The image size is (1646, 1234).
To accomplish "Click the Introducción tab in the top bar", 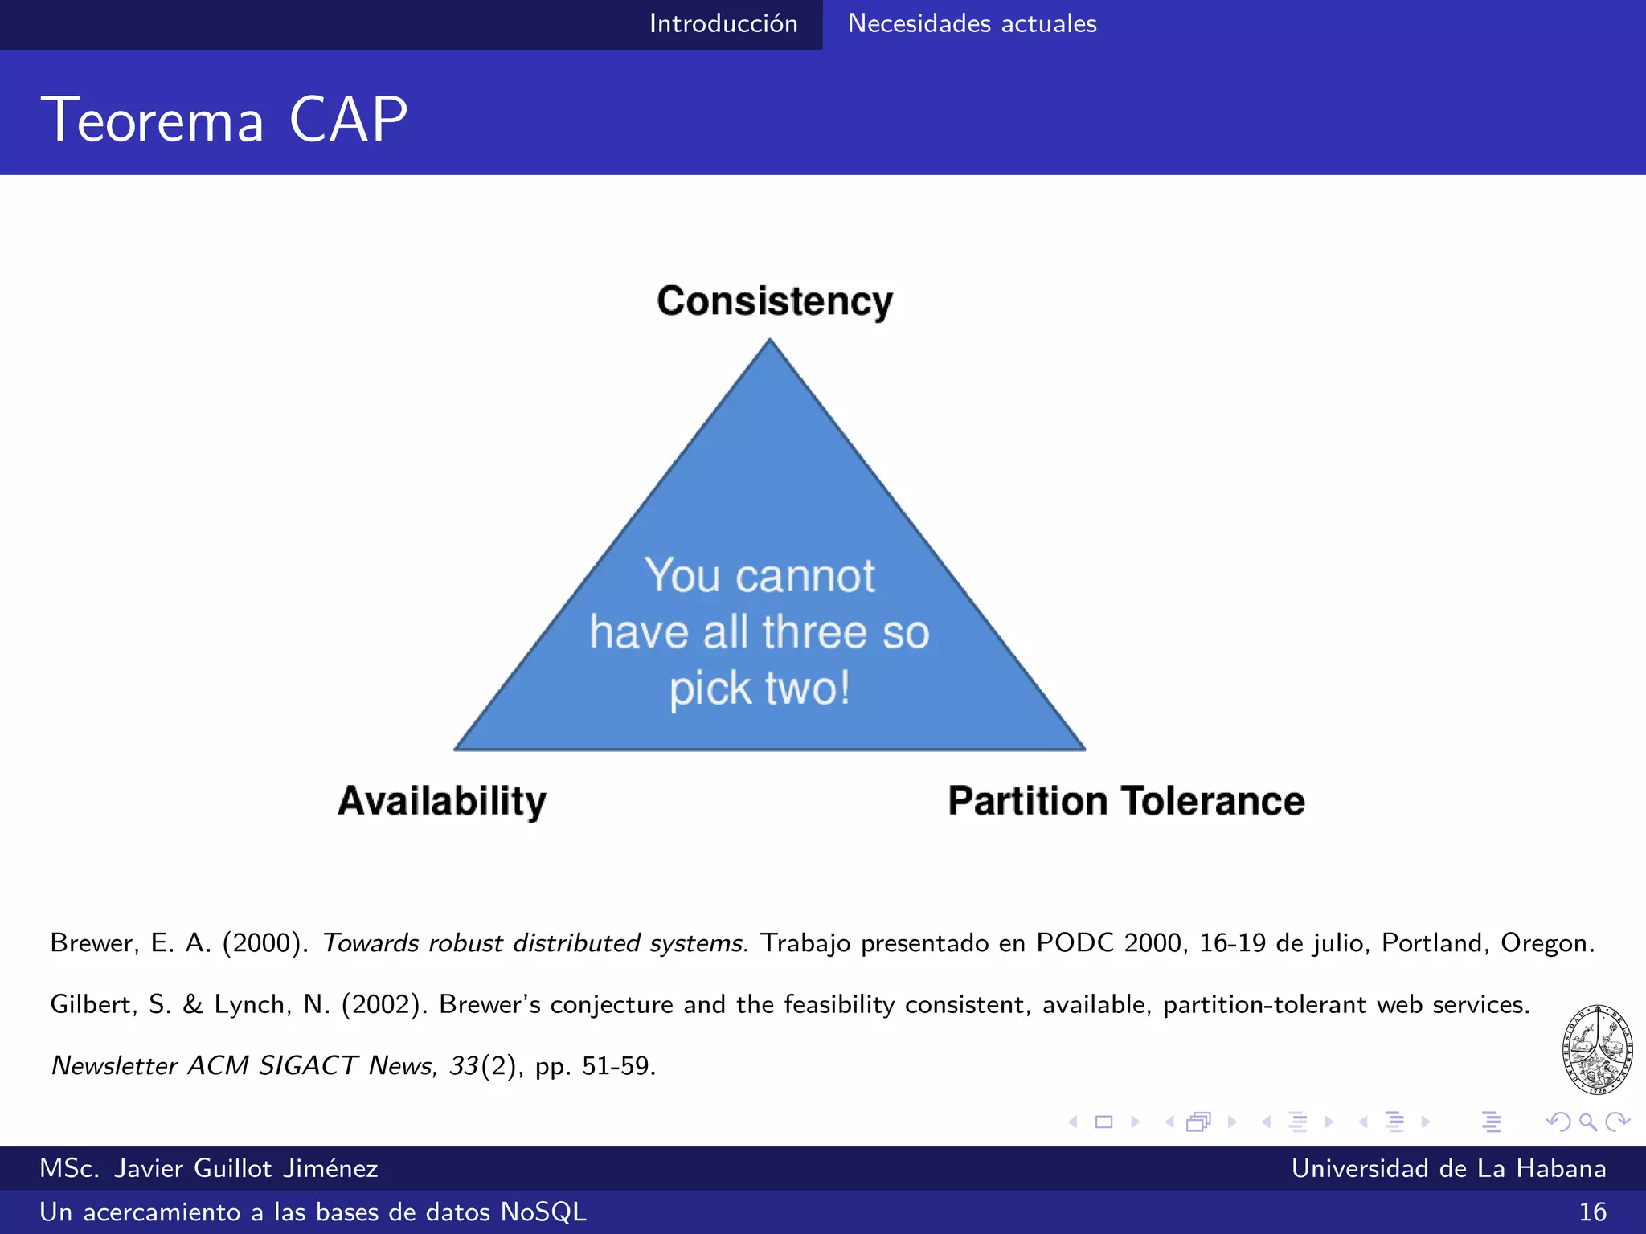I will (x=723, y=23).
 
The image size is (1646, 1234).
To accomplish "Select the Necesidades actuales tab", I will (x=972, y=23).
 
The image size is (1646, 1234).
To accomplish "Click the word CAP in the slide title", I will (x=348, y=120).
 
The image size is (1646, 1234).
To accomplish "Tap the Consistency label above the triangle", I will (x=775, y=301).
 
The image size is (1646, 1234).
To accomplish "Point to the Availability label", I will (x=442, y=801).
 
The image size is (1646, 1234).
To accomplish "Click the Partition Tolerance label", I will (x=1126, y=801).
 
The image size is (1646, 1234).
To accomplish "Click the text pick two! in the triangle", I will (x=760, y=689).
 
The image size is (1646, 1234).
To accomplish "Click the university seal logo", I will (x=1597, y=1049).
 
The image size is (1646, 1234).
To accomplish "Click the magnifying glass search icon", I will (x=1587, y=1122).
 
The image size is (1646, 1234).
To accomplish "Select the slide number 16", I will (x=1592, y=1212).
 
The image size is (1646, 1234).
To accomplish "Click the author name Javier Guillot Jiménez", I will (x=245, y=1168).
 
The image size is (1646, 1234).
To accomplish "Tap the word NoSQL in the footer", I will (x=543, y=1212).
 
